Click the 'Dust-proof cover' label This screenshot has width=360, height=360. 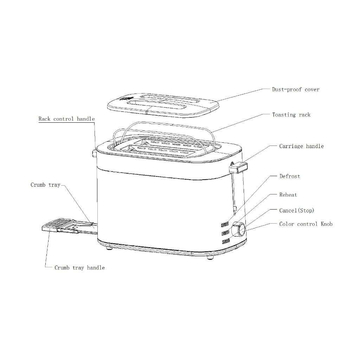(x=295, y=90)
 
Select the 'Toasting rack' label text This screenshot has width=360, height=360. (x=291, y=115)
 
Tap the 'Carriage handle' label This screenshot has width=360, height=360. (x=301, y=146)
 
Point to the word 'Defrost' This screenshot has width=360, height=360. (x=290, y=176)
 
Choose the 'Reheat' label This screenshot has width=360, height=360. (x=288, y=195)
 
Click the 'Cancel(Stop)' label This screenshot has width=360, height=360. (x=296, y=211)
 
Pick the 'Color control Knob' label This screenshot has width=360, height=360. (x=306, y=224)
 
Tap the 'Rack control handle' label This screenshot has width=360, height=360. (x=66, y=119)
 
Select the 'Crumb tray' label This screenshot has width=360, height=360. (x=45, y=185)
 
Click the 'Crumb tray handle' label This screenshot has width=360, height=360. (x=79, y=268)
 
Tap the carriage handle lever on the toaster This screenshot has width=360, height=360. (x=238, y=168)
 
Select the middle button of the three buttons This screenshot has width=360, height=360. (x=225, y=233)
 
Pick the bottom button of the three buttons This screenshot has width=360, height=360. (x=225, y=241)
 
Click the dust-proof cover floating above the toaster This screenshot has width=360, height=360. (x=163, y=104)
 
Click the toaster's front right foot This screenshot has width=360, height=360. (x=210, y=257)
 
